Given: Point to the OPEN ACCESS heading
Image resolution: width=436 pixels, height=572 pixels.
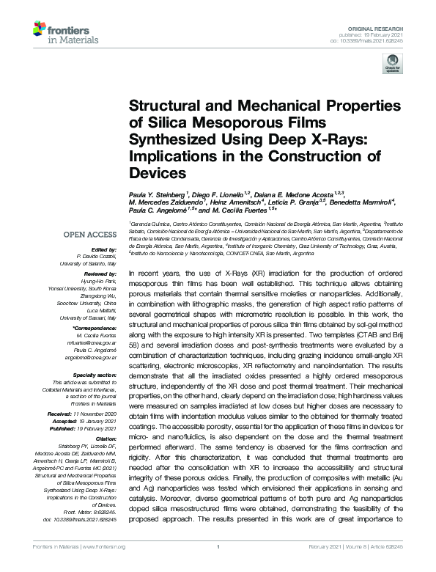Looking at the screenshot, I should tap(89, 235).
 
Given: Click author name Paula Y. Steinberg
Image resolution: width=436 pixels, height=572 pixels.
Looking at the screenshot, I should tap(158, 194).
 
